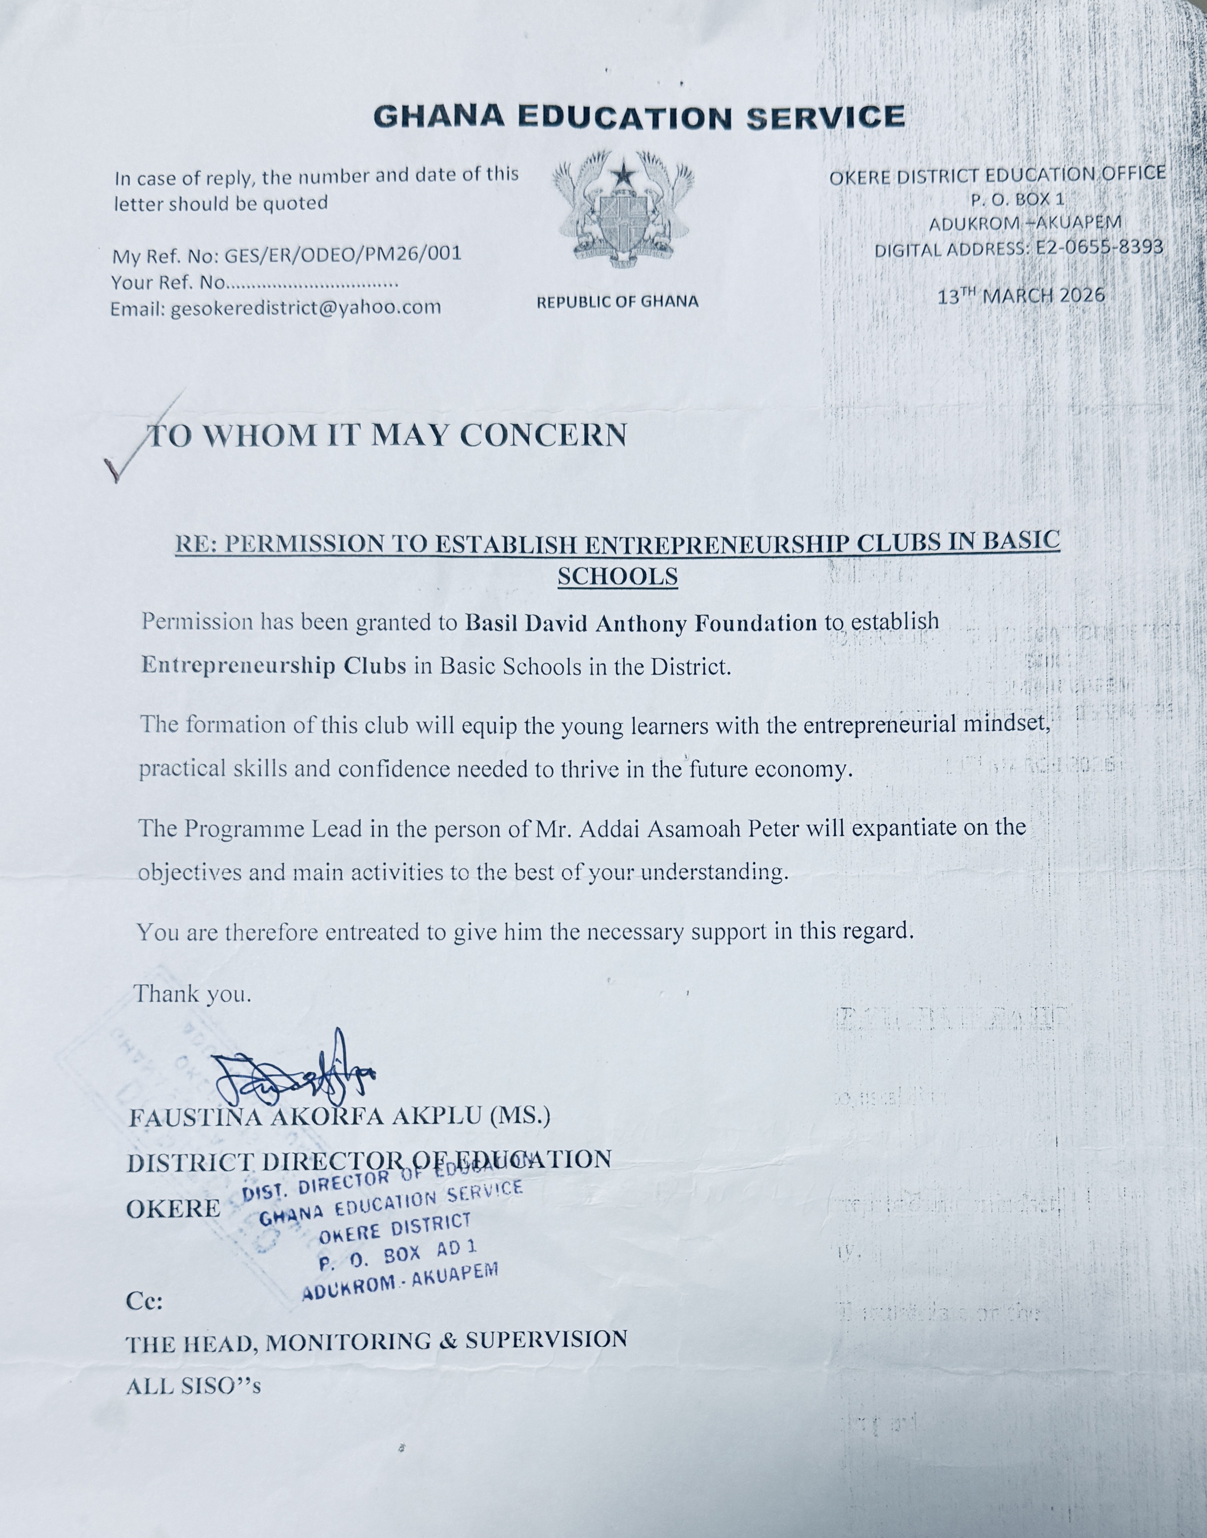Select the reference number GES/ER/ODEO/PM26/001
click(x=342, y=254)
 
